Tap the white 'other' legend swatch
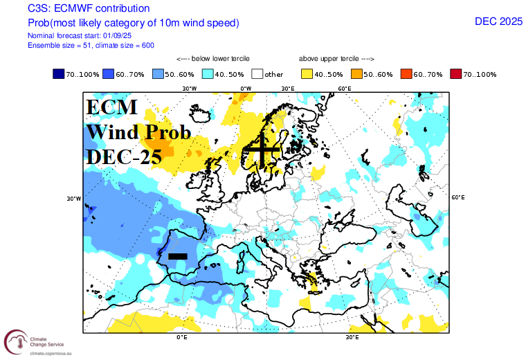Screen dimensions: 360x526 click(257, 73)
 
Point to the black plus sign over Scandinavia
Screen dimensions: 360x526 click(262, 150)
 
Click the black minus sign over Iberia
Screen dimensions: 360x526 click(178, 256)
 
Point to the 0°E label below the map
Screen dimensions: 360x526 click(182, 337)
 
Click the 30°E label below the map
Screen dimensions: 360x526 click(352, 337)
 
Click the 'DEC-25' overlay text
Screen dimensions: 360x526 click(124, 156)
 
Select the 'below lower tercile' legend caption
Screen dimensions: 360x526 click(213, 59)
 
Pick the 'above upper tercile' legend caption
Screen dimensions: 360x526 click(336, 59)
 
